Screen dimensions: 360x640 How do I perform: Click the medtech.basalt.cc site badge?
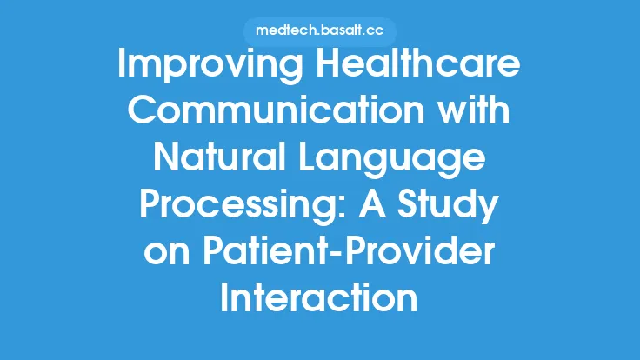pyautogui.click(x=319, y=30)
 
